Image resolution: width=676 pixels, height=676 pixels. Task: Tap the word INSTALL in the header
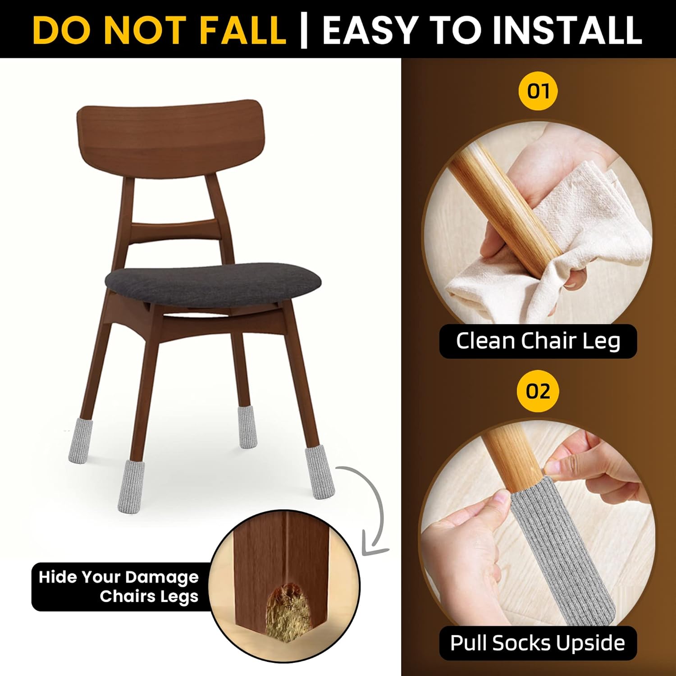coord(567,30)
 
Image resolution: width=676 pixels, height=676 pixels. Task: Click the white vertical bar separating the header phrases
coord(304,30)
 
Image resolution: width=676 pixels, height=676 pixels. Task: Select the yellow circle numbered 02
coord(538,391)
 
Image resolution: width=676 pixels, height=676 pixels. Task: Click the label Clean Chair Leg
coord(538,341)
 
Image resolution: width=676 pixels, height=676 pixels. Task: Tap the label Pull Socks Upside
coord(538,643)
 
